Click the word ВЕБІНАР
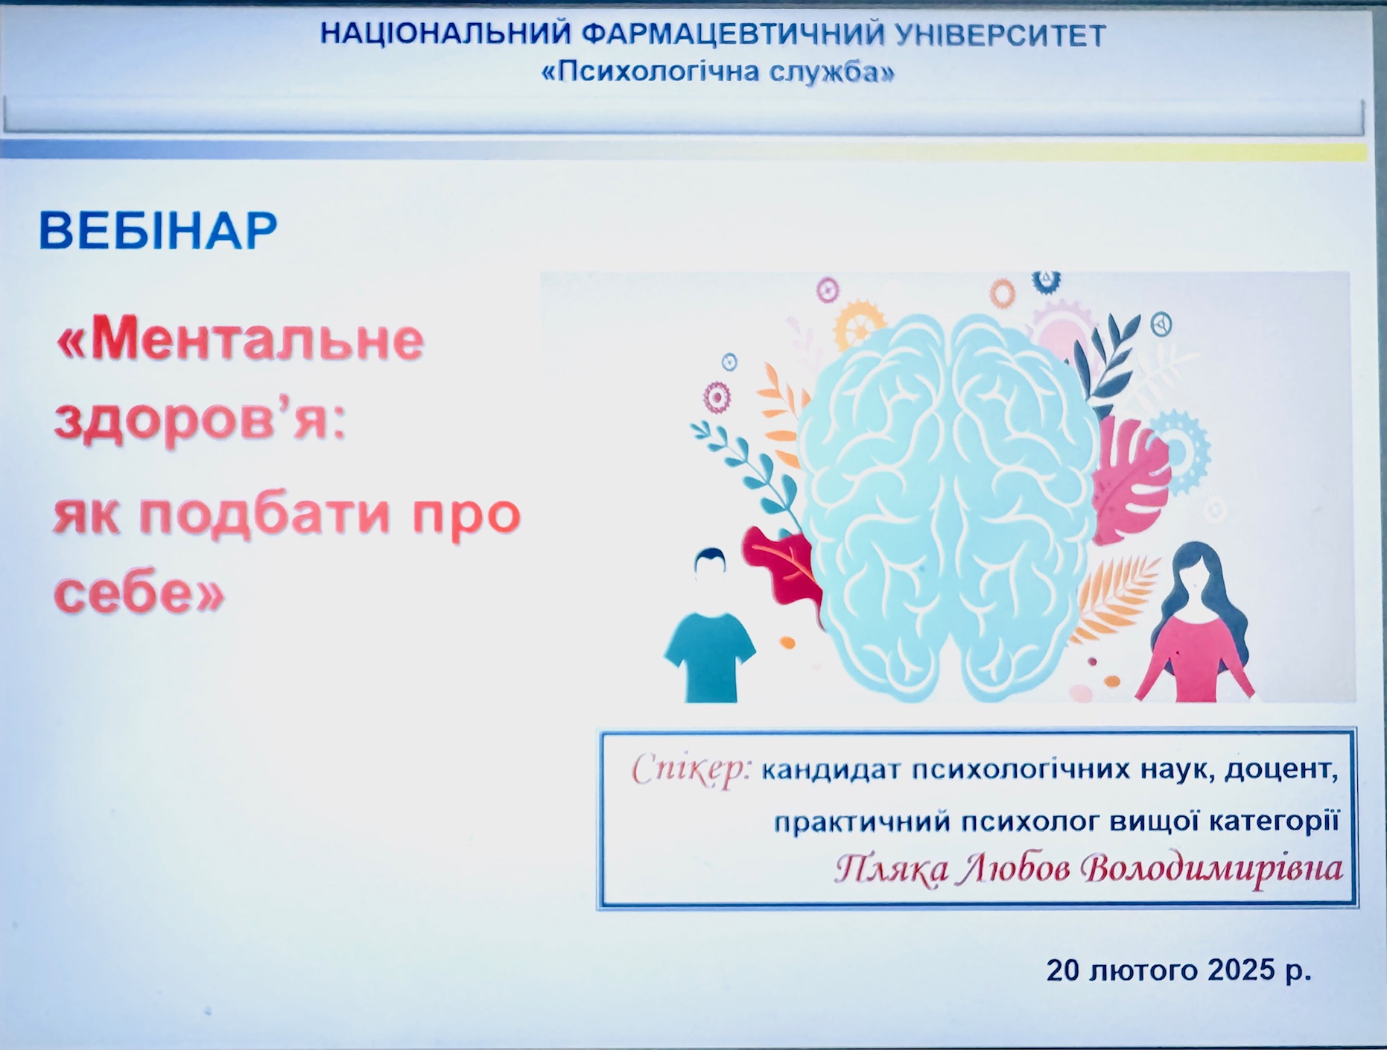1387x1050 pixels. [x=158, y=231]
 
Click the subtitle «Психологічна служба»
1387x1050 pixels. [x=717, y=71]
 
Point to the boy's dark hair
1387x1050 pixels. [x=711, y=559]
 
